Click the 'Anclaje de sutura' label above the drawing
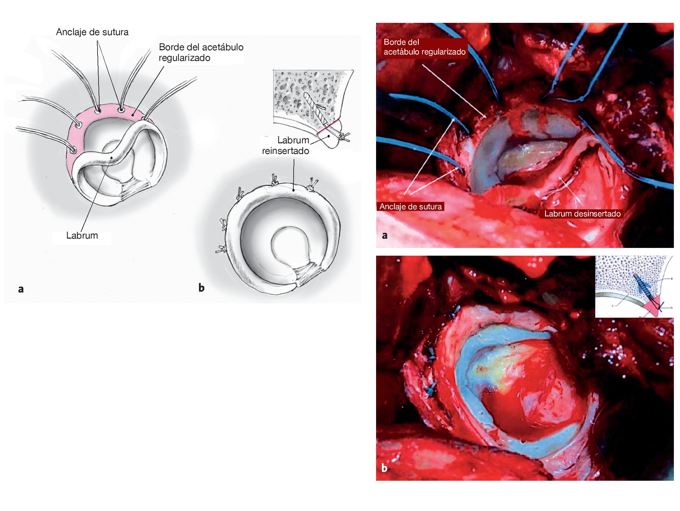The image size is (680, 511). [x=92, y=32]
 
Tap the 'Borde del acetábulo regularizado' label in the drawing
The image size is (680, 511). [x=201, y=52]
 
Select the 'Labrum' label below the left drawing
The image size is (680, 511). [x=82, y=235]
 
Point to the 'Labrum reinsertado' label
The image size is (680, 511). [x=286, y=146]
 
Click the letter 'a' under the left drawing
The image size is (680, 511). [x=21, y=289]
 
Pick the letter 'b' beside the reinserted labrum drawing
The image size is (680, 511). [x=202, y=287]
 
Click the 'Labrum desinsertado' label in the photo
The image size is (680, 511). [x=582, y=214]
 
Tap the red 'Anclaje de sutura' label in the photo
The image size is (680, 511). [x=411, y=207]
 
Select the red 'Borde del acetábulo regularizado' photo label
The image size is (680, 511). [x=424, y=47]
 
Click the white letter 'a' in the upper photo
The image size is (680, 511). [x=384, y=235]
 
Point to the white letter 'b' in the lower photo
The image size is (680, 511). [x=384, y=468]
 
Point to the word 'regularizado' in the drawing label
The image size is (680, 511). [x=184, y=58]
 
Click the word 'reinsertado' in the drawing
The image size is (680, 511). [x=286, y=151]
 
